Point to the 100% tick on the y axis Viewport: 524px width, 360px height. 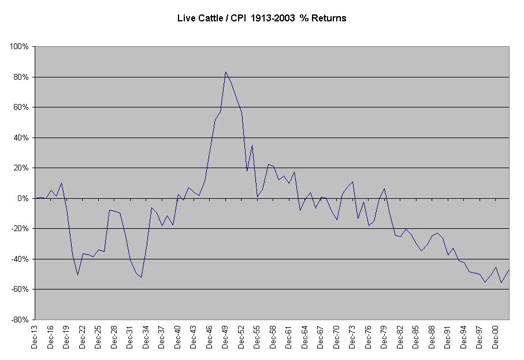coord(21,47)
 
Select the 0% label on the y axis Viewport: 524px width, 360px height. coord(25,198)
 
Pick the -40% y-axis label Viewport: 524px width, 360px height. coord(21,259)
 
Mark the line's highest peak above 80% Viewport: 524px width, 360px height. coord(225,72)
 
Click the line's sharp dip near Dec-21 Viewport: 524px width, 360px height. coord(77,275)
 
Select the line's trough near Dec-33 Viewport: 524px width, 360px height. coord(141,277)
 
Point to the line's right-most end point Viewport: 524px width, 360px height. coord(509,269)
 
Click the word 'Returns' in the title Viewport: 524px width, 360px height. coord(328,18)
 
